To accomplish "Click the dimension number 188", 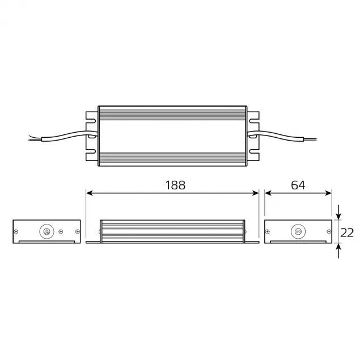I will click(x=175, y=185).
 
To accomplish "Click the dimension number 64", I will click(x=298, y=185).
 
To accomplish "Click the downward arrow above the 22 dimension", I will click(x=338, y=216).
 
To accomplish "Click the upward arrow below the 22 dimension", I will click(x=338, y=247).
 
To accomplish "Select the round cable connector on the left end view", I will click(x=46, y=231).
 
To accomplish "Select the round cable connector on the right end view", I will click(x=297, y=231).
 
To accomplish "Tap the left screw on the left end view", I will click(x=17, y=231).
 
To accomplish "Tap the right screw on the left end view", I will click(x=77, y=231).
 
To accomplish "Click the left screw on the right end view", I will click(x=269, y=231).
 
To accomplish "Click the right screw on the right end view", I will click(x=328, y=231).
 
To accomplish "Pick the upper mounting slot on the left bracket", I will click(x=91, y=121).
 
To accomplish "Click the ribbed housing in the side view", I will click(x=173, y=231).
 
